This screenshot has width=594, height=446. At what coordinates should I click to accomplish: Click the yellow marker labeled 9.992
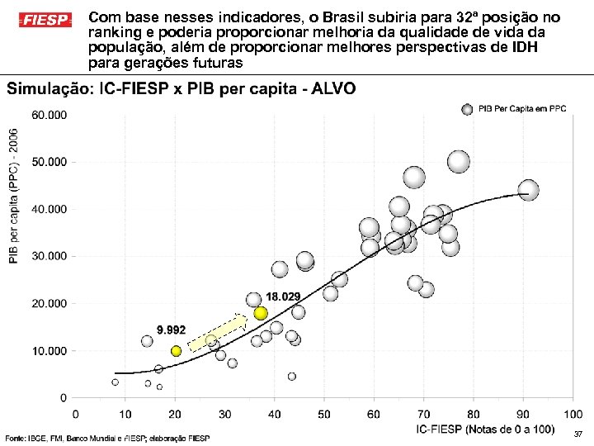click(x=176, y=351)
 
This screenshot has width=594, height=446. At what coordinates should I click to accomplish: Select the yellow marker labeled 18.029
click(x=261, y=313)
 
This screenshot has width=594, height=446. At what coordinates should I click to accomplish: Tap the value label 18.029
click(x=283, y=297)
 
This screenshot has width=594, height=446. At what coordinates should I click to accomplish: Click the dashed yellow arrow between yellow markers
click(x=217, y=334)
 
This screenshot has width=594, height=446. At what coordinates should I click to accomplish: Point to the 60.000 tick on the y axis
click(x=49, y=115)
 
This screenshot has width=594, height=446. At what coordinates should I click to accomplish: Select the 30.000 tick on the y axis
click(x=49, y=257)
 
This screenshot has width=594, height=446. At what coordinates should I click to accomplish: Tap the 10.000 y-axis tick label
click(x=49, y=352)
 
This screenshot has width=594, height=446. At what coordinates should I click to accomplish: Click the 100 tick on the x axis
click(x=571, y=414)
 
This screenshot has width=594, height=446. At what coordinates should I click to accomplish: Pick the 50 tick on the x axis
click(x=323, y=414)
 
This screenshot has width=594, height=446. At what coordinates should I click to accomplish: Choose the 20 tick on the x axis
click(x=175, y=414)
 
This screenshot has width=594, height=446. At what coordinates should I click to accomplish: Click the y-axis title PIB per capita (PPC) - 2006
click(x=14, y=194)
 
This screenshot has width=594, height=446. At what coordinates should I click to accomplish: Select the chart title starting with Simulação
click(x=181, y=89)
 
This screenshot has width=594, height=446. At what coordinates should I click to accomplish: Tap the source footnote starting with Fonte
click(x=108, y=438)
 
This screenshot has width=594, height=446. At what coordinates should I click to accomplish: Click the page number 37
click(x=577, y=434)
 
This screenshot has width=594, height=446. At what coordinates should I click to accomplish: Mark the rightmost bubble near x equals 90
click(x=529, y=191)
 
